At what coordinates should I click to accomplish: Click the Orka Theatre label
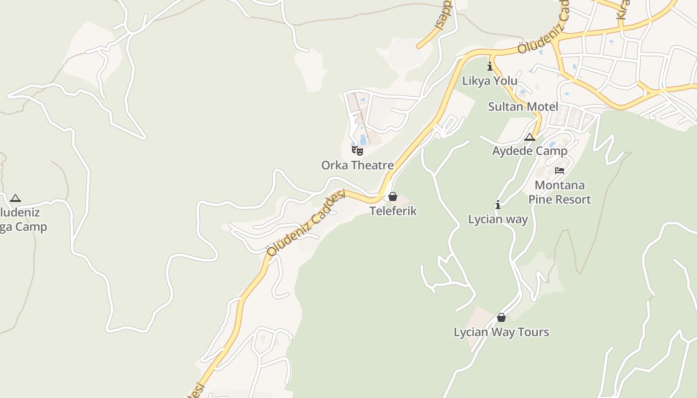tap(357, 165)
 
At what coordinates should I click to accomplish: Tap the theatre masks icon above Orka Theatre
tap(357, 150)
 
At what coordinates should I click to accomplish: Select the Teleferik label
tap(393, 211)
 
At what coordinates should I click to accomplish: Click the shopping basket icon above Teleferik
tap(393, 197)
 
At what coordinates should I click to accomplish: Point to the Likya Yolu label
tap(490, 81)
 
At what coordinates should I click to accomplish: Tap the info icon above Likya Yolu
tap(490, 66)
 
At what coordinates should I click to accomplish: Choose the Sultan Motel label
tap(523, 106)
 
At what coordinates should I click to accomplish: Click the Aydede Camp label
tap(530, 151)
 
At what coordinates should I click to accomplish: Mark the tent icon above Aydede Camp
tap(530, 137)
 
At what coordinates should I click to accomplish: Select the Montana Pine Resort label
tap(560, 193)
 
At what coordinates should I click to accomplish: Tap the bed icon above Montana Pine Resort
tap(560, 171)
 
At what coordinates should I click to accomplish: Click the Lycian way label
tap(498, 219)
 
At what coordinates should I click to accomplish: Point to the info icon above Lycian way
tap(498, 204)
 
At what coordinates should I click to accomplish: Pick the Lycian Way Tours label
tap(501, 332)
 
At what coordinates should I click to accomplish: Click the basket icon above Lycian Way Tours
tap(501, 317)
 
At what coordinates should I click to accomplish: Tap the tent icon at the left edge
tap(15, 198)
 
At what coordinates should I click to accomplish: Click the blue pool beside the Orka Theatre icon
tap(363, 139)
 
